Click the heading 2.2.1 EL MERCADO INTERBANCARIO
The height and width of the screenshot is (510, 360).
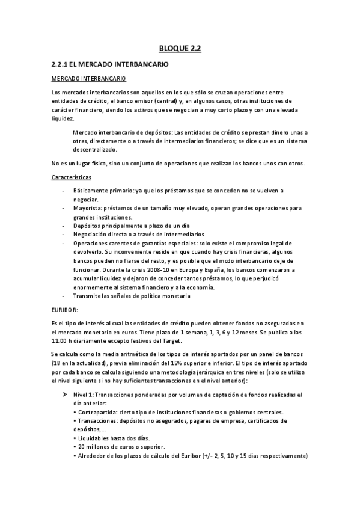[112, 63]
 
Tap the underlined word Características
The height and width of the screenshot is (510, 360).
[72, 177]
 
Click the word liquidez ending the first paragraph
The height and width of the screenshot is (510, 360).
[64, 119]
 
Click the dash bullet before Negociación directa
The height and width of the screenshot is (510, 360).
[64, 234]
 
